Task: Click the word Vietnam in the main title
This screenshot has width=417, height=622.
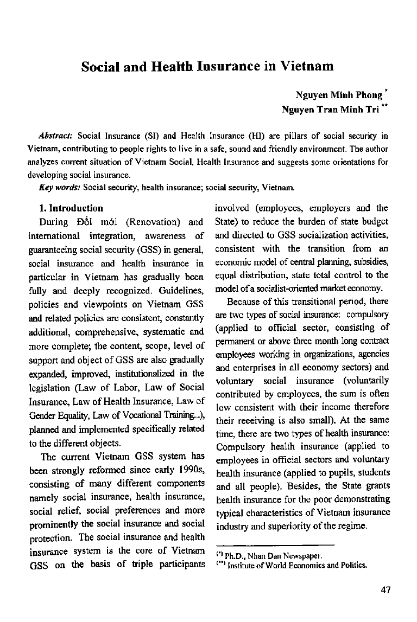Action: tap(306, 67)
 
